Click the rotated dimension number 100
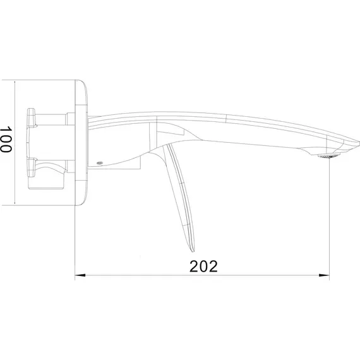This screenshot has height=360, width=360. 6,140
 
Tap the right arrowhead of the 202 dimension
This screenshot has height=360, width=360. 325,276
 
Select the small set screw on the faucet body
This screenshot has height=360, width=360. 99,163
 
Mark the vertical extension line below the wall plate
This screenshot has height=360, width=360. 75,240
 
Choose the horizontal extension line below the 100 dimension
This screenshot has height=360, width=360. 44,205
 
